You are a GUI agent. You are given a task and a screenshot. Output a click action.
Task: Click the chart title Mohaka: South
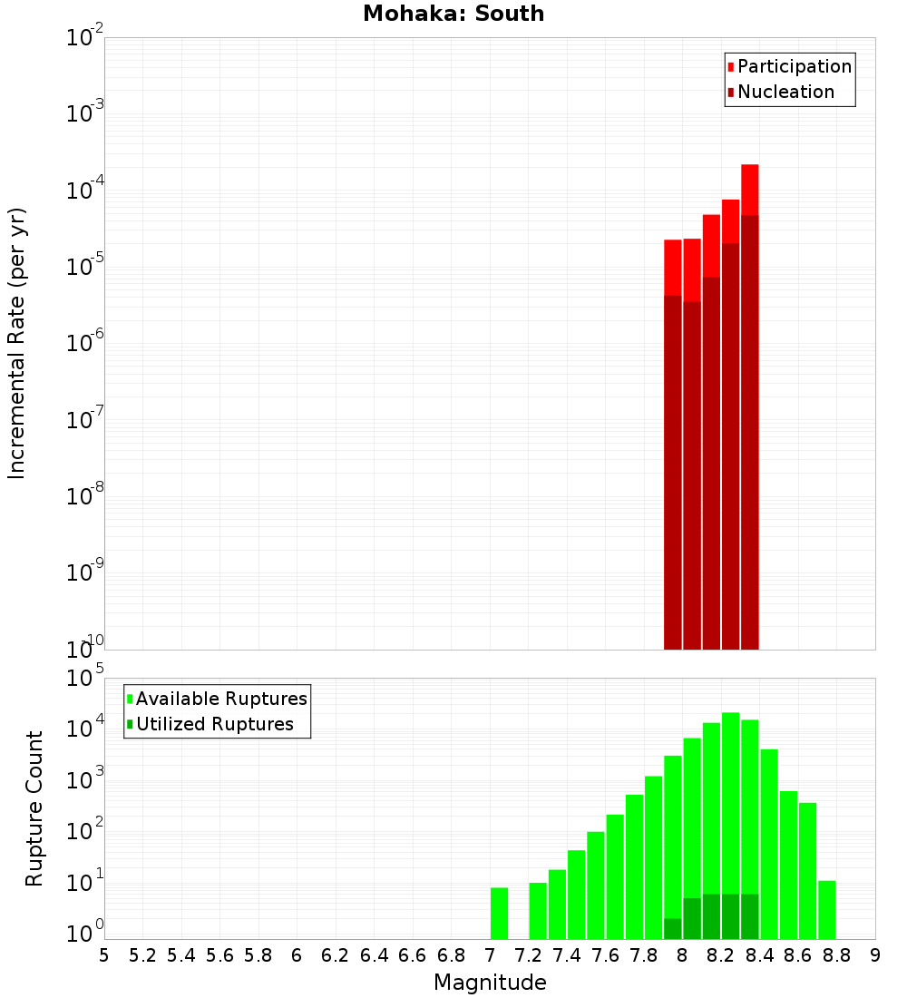tap(453, 15)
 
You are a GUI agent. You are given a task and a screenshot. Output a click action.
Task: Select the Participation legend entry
tap(789, 67)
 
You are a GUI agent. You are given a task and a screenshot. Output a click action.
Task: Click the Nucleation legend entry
tap(780, 93)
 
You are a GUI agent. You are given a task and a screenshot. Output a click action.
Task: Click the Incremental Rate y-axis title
tap(17, 343)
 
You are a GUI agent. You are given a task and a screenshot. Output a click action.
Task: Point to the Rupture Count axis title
tap(34, 807)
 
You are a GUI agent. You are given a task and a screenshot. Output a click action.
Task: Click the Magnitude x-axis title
tap(490, 983)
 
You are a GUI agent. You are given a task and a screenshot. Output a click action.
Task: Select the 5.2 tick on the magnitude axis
tap(143, 955)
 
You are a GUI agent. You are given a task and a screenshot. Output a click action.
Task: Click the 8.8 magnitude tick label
tap(837, 955)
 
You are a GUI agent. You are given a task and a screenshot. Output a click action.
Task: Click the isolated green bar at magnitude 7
tap(499, 913)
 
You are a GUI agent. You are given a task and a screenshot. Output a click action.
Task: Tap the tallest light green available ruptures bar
tap(730, 798)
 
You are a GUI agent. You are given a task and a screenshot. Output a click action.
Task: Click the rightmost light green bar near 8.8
tap(826, 909)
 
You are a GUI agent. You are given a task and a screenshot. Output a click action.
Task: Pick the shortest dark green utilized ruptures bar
tap(672, 928)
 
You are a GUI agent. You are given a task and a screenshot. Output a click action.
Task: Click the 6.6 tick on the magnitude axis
tap(413, 955)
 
